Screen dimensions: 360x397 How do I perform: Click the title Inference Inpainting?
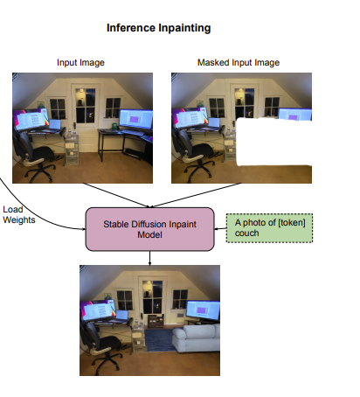159,28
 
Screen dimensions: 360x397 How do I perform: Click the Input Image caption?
80,62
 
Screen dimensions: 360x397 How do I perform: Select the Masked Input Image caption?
239,62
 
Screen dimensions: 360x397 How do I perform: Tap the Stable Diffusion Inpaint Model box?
149,229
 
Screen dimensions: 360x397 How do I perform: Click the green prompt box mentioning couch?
269,228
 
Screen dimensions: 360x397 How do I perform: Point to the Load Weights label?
19,214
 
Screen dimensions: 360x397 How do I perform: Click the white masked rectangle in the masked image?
274,142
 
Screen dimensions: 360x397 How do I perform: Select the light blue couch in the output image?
196,338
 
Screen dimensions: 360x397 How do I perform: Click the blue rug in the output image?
159,340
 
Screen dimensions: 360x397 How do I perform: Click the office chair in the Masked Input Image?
192,154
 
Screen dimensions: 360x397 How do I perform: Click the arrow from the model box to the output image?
149,258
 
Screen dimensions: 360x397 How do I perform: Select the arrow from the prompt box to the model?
220,229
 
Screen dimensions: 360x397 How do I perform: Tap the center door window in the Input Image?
85,106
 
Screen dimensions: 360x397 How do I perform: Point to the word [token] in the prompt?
292,223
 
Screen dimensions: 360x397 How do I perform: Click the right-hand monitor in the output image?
203,310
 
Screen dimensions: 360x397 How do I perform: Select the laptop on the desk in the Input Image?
55,125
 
